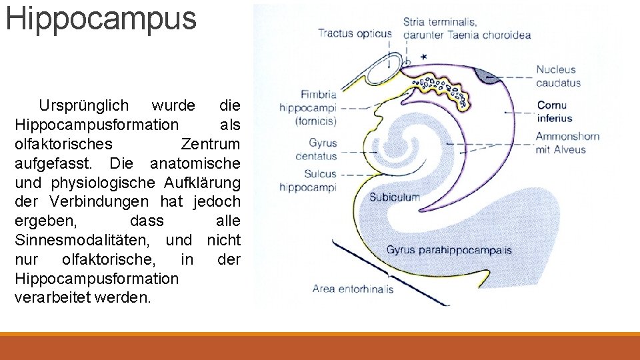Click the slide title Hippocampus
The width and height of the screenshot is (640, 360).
[101, 19]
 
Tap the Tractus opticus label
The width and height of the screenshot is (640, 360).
[354, 33]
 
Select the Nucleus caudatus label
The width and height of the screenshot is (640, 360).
[559, 76]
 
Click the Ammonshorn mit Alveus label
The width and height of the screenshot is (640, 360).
[567, 143]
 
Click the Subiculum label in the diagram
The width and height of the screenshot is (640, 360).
[395, 197]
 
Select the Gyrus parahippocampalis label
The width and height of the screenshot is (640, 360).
[449, 250]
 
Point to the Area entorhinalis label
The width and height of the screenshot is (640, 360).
[353, 289]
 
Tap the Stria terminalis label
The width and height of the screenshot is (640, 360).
[440, 23]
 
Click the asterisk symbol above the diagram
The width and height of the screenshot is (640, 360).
[425, 57]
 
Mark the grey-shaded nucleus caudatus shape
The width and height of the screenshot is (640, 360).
[492, 75]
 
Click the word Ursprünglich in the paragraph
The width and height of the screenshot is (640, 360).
[83, 106]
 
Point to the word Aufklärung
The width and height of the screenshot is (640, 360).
[204, 183]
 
